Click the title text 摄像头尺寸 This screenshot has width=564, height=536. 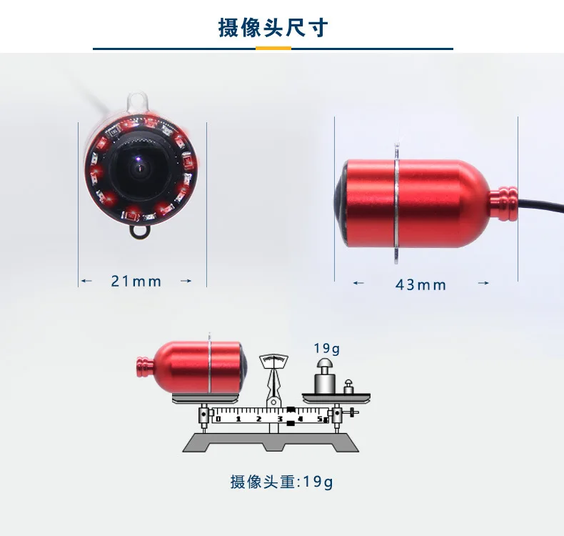click(273, 27)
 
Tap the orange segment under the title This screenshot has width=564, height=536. click(273, 48)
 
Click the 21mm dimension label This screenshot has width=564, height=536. click(136, 281)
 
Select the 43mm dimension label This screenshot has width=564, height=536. click(421, 284)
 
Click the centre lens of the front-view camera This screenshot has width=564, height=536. click(139, 169)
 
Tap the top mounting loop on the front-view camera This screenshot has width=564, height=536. click(137, 101)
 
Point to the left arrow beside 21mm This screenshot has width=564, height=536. click(86, 281)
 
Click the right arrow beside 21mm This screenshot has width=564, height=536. click(186, 281)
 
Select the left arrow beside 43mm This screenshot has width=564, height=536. click(358, 283)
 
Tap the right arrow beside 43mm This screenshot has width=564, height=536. click(483, 283)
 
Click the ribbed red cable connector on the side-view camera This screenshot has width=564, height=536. click(503, 203)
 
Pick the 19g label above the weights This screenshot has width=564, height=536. click(326, 348)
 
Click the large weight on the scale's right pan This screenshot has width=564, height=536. click(325, 375)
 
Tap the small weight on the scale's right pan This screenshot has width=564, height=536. click(348, 387)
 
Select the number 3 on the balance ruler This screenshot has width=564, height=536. click(279, 419)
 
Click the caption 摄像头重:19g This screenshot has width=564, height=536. click(281, 482)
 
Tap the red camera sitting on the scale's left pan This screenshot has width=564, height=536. click(192, 367)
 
